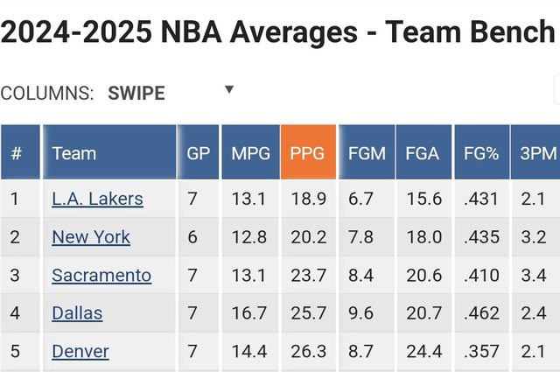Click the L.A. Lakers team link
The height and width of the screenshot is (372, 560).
(97, 199)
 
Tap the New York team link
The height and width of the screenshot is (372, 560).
(91, 237)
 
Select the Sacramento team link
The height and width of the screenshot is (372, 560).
(101, 276)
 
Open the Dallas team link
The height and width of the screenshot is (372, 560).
(77, 313)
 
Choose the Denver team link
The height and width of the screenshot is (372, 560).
(80, 352)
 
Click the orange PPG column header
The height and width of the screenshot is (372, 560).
(306, 153)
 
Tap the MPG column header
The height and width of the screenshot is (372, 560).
(250, 153)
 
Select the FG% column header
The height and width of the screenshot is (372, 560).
(481, 153)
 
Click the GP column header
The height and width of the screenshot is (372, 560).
(199, 153)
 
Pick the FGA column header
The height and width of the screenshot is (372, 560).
(423, 153)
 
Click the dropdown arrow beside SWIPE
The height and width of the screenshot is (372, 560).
(229, 89)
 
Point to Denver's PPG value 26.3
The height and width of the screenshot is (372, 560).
(307, 352)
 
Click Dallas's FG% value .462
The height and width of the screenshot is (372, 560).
(481, 313)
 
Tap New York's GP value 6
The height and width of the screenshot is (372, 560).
(192, 237)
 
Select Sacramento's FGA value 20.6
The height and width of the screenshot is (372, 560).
(423, 276)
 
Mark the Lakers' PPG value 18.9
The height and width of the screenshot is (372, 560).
(307, 199)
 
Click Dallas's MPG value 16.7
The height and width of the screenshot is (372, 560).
(248, 313)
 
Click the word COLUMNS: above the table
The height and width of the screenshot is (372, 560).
(47, 94)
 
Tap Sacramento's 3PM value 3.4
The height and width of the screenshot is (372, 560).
(534, 276)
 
